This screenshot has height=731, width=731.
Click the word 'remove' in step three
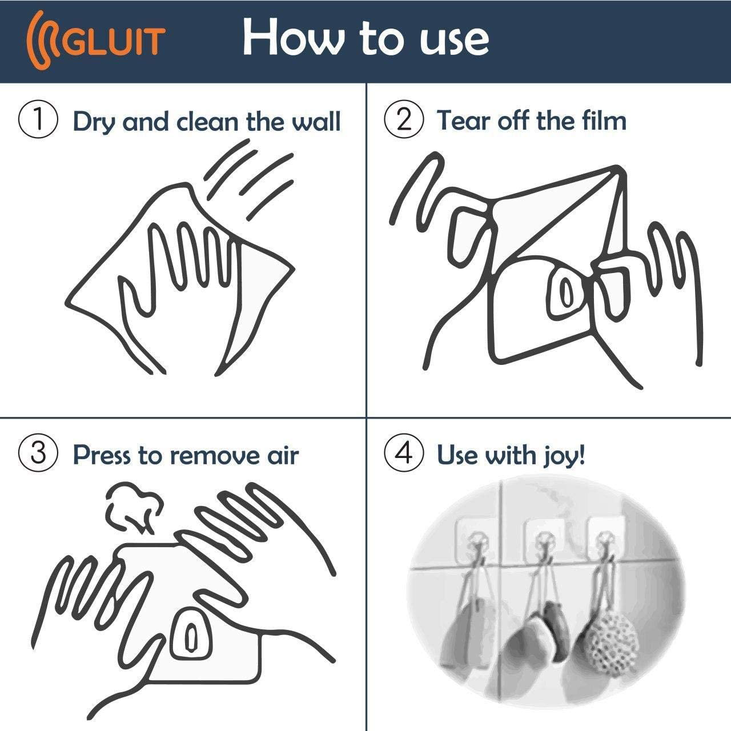(x=215, y=455)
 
